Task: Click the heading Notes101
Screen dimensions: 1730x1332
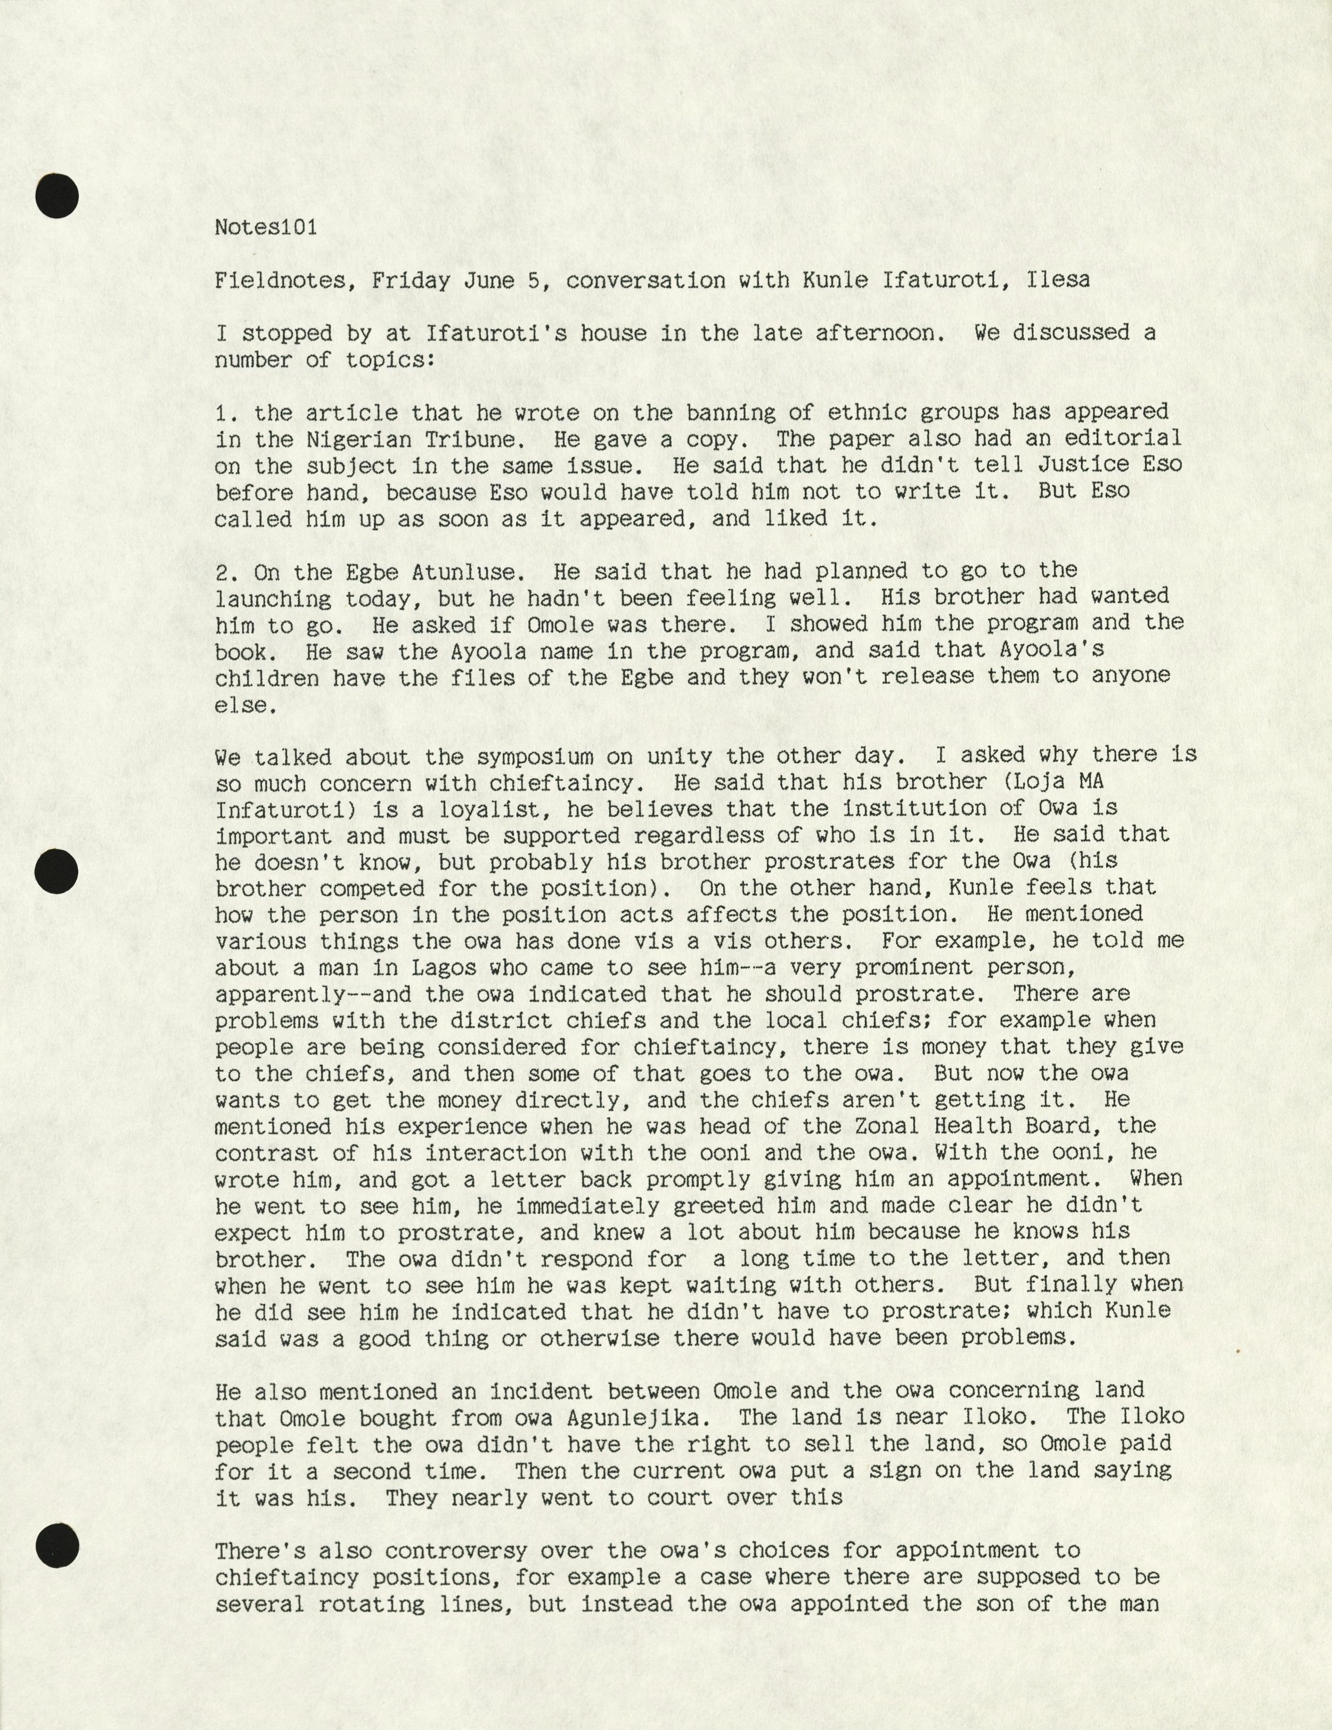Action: click(x=265, y=227)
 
